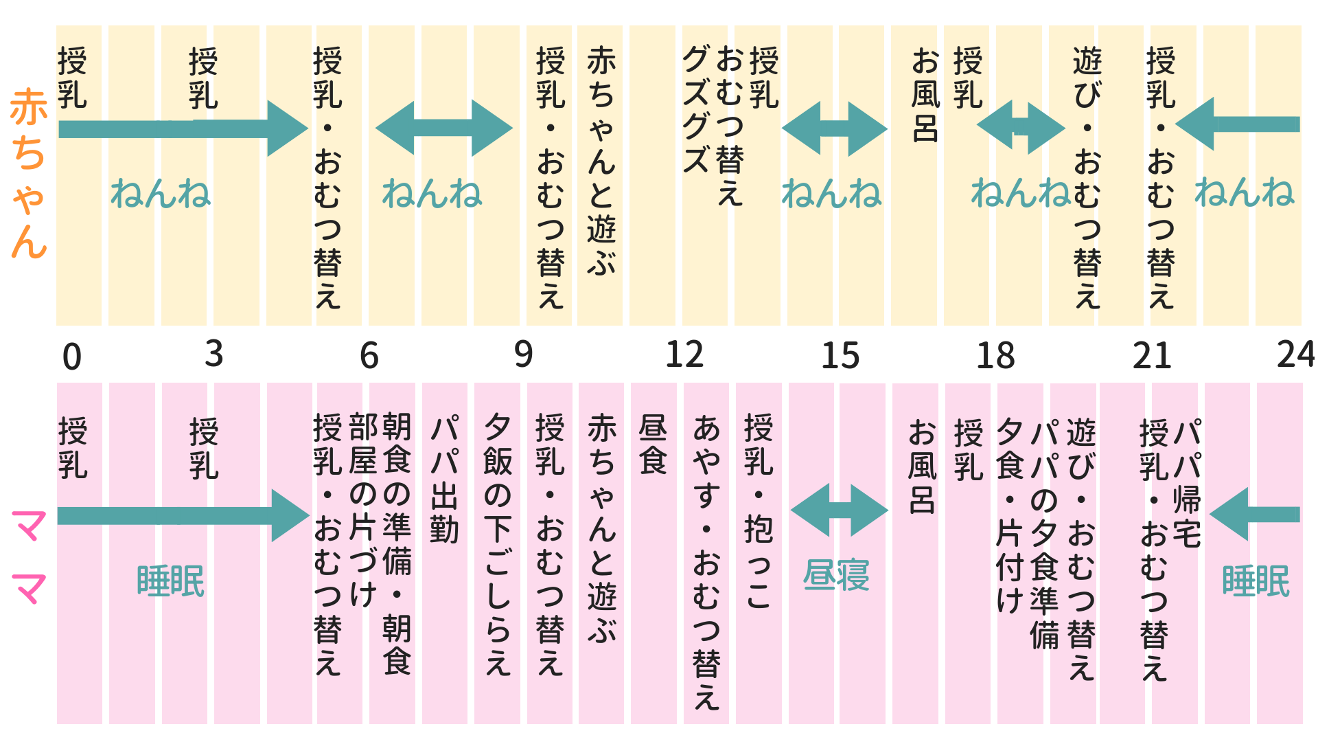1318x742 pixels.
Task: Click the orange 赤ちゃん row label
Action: tap(29, 173)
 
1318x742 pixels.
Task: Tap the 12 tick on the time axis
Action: tap(684, 355)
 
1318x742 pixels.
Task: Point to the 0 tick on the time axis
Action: tap(71, 357)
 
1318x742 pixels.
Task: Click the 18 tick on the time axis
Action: tap(995, 356)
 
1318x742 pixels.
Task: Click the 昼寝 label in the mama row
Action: tap(836, 576)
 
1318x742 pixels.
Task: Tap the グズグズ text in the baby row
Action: tap(695, 110)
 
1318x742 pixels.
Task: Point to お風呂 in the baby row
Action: tap(925, 95)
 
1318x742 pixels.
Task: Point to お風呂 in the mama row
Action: tap(922, 467)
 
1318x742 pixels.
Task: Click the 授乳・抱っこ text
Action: tap(759, 511)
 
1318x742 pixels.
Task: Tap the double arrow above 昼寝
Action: tap(839, 510)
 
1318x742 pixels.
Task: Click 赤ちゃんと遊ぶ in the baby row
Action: tap(601, 161)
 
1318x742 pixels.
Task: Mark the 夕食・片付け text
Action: tap(1010, 515)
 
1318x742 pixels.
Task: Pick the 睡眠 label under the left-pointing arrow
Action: tap(1256, 581)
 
